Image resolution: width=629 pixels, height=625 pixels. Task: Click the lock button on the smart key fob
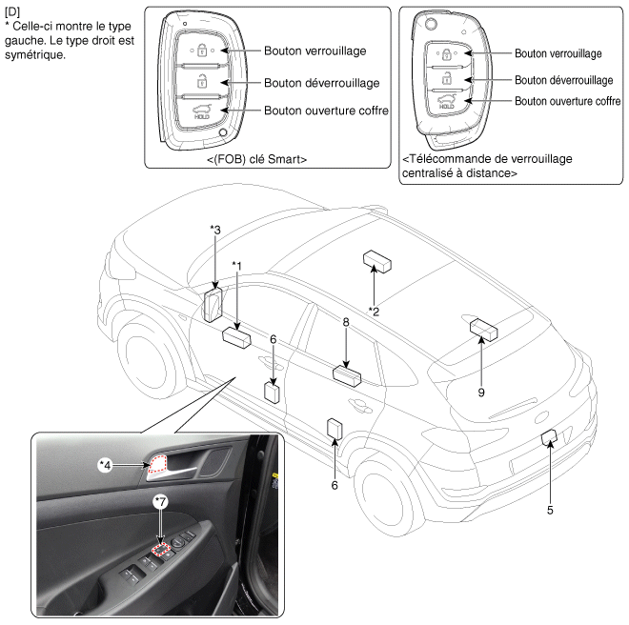201,50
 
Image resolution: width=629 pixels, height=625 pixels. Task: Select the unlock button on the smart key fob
201,82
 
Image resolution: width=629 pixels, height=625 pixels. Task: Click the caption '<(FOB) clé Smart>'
256,160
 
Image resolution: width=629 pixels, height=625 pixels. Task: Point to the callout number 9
482,391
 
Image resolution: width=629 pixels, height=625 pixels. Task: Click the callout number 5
550,510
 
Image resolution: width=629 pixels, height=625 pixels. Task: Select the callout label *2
375,311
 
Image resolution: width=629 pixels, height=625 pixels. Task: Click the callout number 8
346,324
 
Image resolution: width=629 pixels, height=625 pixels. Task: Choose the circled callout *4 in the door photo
107,464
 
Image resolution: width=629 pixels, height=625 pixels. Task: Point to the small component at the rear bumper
548,438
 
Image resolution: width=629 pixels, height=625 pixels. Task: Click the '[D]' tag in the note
12,10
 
